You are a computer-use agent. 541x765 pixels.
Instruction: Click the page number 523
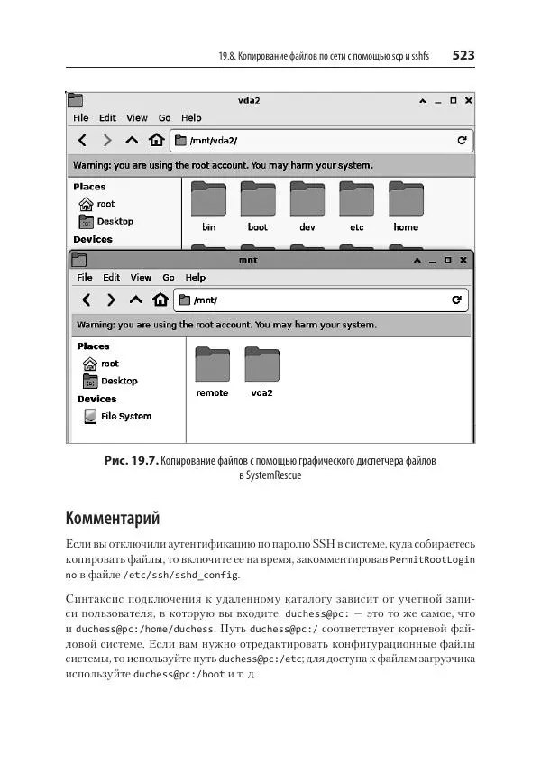click(463, 56)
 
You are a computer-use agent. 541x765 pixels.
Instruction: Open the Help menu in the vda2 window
click(191, 118)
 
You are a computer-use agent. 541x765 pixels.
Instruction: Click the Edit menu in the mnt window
click(112, 278)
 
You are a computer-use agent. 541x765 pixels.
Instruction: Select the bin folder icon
click(209, 198)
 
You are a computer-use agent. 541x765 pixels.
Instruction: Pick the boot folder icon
click(258, 198)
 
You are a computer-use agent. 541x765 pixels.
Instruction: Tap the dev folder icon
click(307, 198)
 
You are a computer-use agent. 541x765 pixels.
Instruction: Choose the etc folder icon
click(356, 198)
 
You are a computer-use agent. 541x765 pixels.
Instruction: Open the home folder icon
click(406, 198)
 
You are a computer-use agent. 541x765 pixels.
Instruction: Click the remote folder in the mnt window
click(213, 364)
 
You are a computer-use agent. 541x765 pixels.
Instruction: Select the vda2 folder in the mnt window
click(262, 364)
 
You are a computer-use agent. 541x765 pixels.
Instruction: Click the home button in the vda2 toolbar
click(156, 141)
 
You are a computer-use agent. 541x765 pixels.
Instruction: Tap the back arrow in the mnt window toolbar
click(87, 300)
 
